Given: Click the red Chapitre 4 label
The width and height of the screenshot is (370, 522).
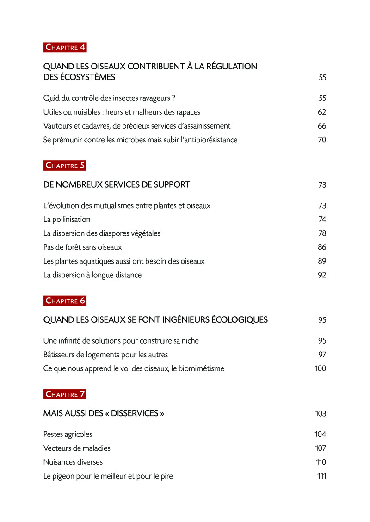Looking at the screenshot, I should [65, 47].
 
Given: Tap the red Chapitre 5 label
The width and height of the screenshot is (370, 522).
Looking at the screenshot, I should [65, 166].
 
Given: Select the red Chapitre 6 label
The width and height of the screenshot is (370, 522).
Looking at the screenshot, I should [65, 301].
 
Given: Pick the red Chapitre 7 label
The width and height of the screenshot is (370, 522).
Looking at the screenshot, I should [65, 394].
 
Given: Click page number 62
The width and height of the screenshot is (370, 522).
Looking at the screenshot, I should [322, 112].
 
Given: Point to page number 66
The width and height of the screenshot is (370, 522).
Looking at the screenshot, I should [322, 126].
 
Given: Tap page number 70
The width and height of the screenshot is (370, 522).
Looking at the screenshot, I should [322, 140].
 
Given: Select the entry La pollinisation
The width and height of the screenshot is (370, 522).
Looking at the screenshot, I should [67, 219].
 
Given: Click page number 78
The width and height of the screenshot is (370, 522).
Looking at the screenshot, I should [322, 233].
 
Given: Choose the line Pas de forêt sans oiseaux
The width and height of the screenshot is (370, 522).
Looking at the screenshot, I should [82, 247].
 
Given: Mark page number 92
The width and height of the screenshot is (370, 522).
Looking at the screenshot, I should [322, 275].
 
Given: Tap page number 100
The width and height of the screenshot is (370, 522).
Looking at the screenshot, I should [320, 368].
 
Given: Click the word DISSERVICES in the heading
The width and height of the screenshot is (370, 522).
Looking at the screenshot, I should [135, 413].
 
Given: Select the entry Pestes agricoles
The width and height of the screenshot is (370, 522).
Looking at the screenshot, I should [68, 434].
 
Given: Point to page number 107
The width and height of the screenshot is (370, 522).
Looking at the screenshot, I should [320, 448].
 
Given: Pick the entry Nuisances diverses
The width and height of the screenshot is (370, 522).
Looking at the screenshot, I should [73, 462].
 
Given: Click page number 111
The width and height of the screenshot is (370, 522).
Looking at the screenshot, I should [321, 476].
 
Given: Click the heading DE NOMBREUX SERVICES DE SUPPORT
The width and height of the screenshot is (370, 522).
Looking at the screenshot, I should [116, 184].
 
